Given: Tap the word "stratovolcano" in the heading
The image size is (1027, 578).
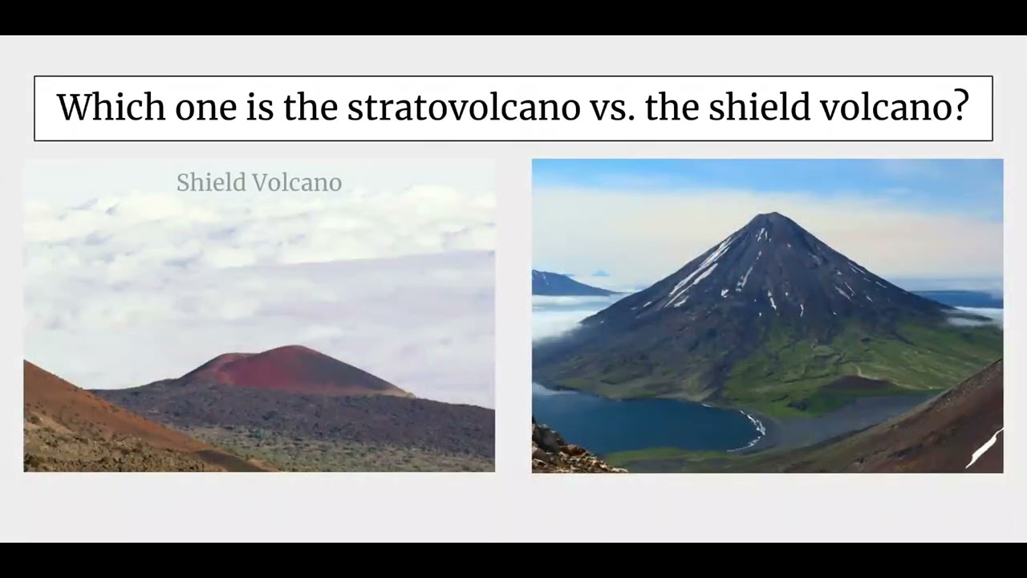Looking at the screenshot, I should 463,108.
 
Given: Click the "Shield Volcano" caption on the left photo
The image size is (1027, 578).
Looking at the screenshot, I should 259,183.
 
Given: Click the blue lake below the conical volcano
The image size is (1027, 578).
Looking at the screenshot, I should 642,421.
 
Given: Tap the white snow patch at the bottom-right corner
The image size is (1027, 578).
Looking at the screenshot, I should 984,449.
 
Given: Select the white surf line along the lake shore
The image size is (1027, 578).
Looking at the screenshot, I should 754,429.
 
